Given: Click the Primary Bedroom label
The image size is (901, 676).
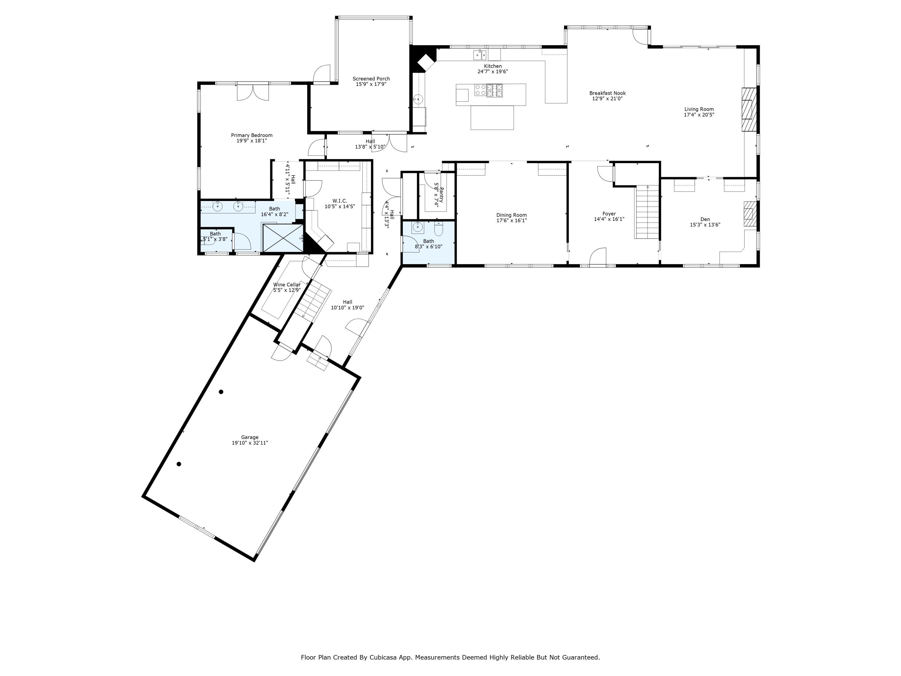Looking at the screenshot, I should click(x=251, y=135).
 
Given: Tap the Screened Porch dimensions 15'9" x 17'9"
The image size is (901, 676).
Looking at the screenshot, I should click(x=371, y=84).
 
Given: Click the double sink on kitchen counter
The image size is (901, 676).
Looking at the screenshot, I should click(x=479, y=55).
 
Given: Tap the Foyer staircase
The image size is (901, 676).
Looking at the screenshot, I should click(x=647, y=212).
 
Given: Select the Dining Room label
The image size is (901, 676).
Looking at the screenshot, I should click(x=511, y=215).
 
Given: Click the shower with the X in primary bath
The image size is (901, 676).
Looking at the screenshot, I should click(x=283, y=238).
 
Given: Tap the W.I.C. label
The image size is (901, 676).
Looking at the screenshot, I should click(x=340, y=201).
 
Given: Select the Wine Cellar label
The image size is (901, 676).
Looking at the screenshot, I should click(x=287, y=285).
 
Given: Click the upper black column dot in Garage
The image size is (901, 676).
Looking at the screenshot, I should click(x=221, y=392).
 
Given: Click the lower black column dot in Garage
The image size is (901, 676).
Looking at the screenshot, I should click(x=179, y=464).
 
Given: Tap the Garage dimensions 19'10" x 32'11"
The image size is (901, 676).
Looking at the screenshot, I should click(x=250, y=443).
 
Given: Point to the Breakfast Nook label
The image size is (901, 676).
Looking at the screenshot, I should click(x=607, y=93).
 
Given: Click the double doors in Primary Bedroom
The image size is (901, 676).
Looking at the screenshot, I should click(x=253, y=92).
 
